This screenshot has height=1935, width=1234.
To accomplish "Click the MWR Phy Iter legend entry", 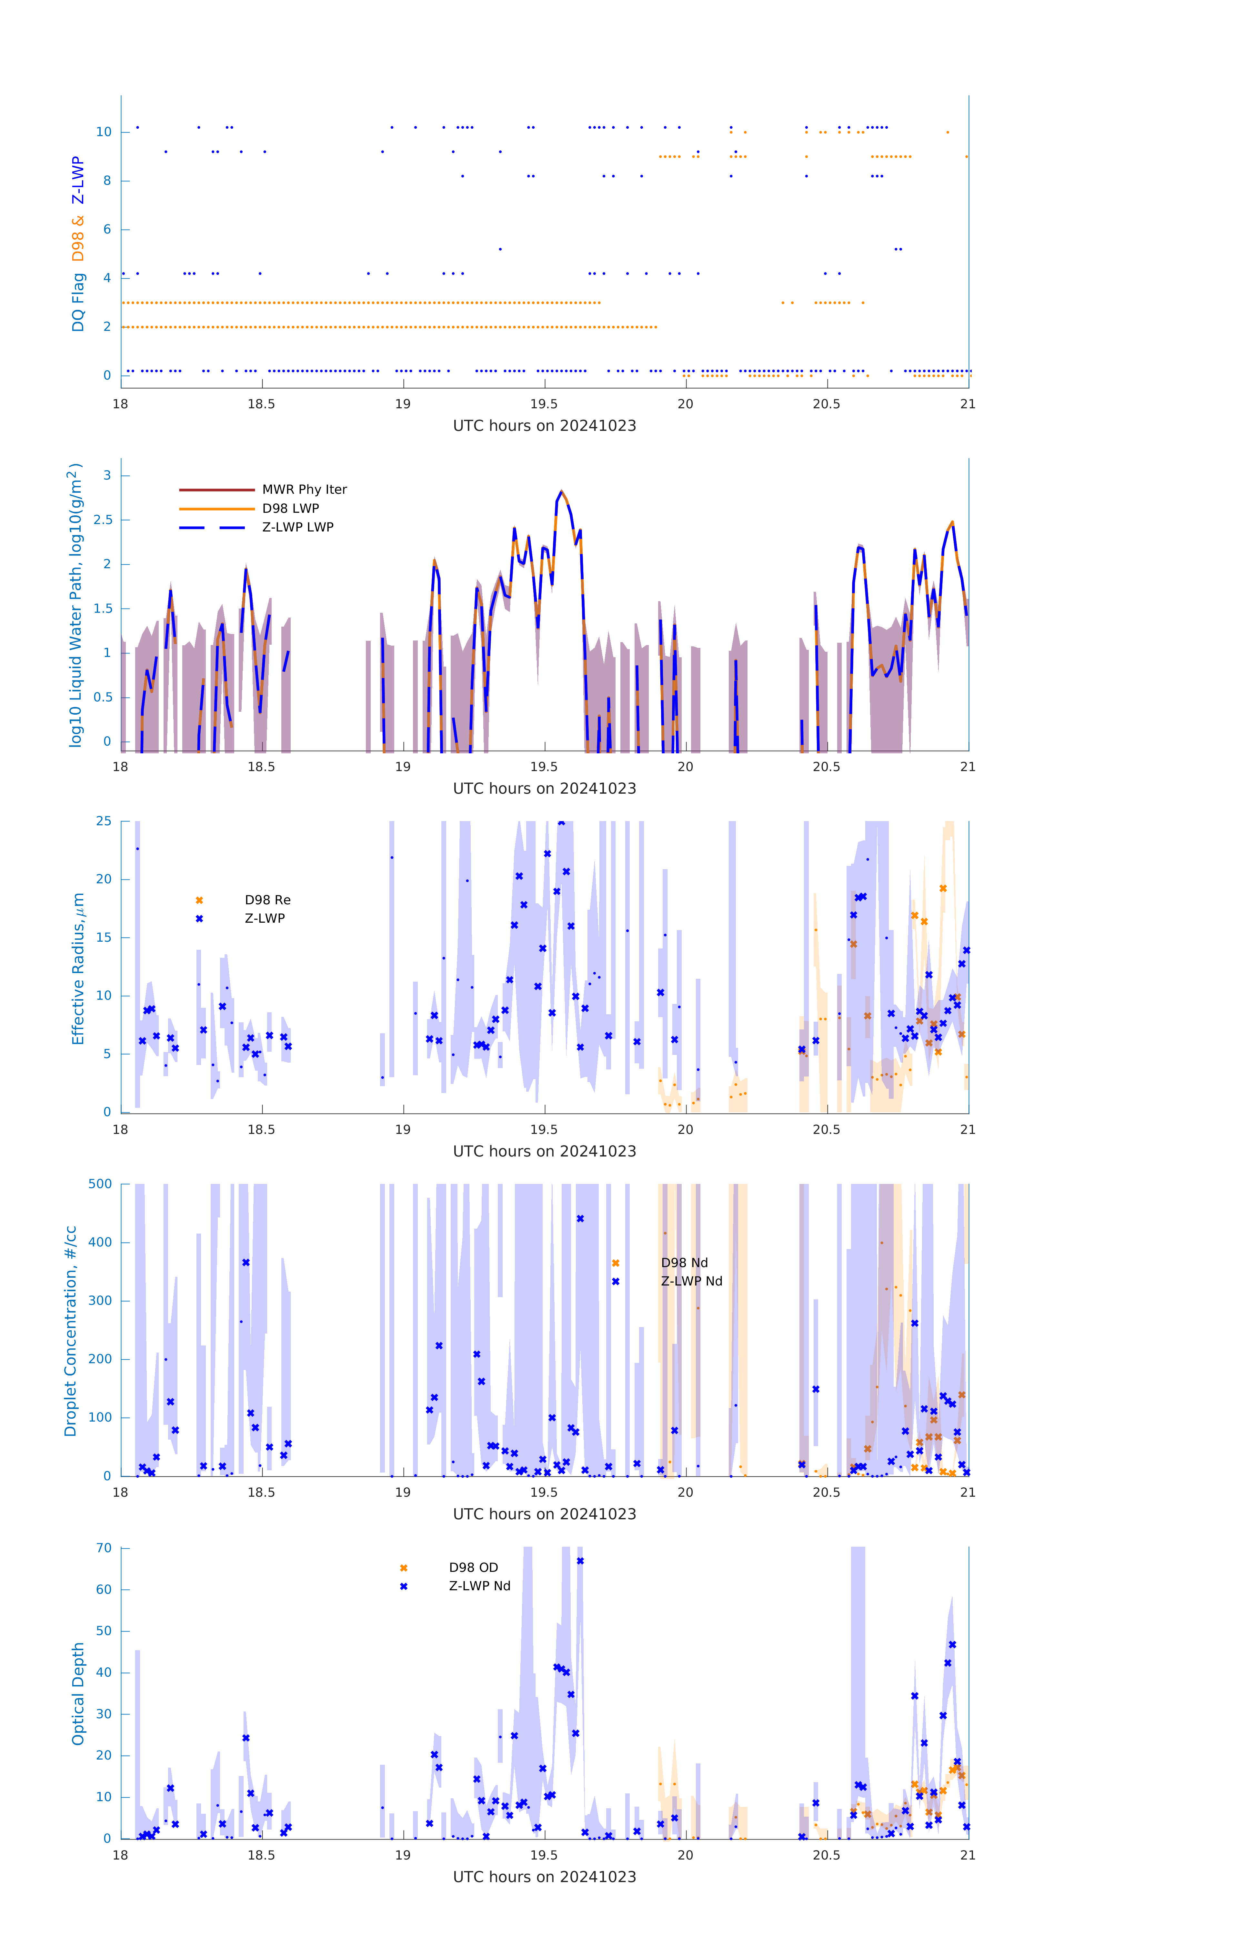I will click(304, 489).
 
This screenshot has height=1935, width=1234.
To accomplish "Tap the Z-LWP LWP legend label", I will click(297, 527).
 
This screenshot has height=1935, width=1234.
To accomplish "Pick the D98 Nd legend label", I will click(684, 1262).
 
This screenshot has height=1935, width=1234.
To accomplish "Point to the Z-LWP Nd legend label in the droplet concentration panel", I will click(691, 1281).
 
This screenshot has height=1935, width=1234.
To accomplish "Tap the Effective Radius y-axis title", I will click(78, 968).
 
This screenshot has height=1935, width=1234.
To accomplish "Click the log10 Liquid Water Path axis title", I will click(75, 605).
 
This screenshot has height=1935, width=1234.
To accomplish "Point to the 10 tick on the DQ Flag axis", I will click(104, 132).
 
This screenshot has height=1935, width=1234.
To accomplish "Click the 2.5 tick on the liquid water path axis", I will click(103, 520).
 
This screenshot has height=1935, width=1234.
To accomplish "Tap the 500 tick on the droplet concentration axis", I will click(100, 1184).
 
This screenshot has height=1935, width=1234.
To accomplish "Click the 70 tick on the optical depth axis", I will click(104, 1548).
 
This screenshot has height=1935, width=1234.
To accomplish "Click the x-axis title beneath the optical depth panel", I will click(544, 1876).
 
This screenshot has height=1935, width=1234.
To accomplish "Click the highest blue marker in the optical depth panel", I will click(580, 1561).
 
